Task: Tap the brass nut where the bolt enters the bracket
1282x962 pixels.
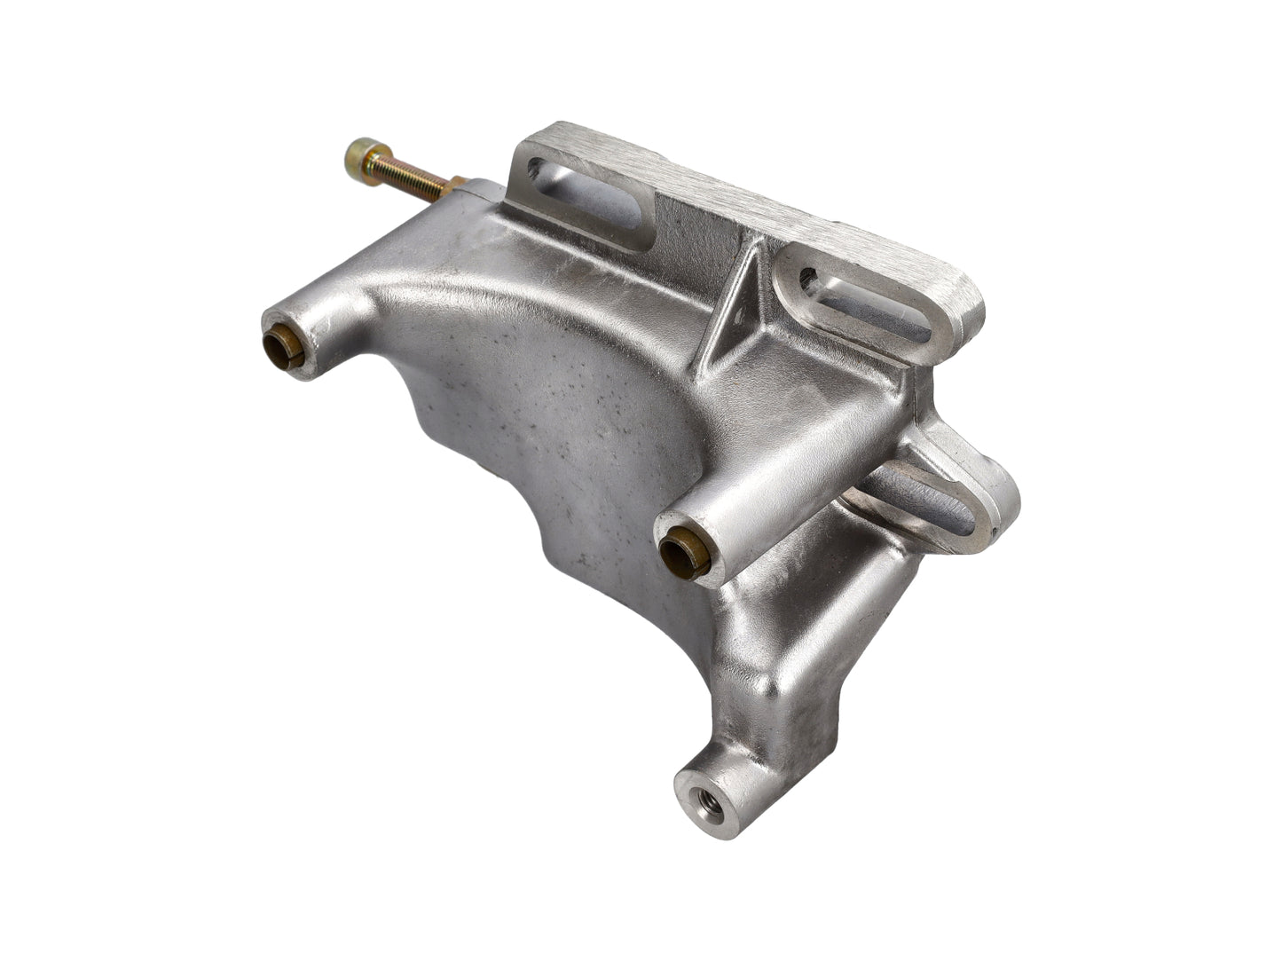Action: click(x=455, y=186)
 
